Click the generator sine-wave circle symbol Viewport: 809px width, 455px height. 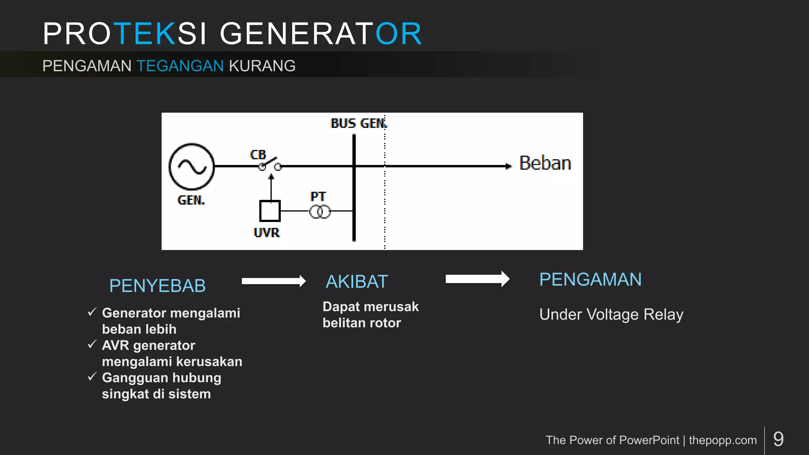[x=192, y=167]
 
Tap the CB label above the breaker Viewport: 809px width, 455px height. [x=258, y=154]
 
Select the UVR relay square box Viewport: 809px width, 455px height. [x=270, y=211]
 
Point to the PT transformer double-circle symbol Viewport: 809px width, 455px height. [x=320, y=212]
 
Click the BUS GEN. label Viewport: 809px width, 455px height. [x=359, y=123]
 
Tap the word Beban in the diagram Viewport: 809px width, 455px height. [x=545, y=163]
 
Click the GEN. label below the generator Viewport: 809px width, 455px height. [x=191, y=200]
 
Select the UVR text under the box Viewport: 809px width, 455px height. [x=267, y=233]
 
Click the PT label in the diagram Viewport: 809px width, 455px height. [x=318, y=196]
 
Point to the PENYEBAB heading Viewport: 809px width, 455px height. [x=157, y=286]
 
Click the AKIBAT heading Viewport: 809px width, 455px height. [x=357, y=282]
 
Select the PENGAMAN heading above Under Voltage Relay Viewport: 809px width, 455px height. [x=590, y=280]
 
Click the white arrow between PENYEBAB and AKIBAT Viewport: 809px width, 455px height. [x=273, y=281]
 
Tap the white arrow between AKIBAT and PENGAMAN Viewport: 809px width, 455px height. [x=477, y=279]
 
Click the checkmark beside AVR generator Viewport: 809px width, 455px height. [x=92, y=345]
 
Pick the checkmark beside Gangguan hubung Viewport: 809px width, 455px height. [x=92, y=377]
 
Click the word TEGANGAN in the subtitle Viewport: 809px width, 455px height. [x=180, y=66]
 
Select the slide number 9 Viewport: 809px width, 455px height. [x=778, y=439]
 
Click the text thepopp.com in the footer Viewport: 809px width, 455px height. [x=722, y=440]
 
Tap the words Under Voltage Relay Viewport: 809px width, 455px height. [x=611, y=314]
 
